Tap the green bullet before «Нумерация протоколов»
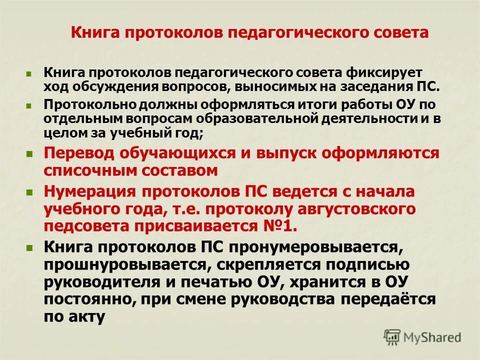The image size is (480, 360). click(x=30, y=192)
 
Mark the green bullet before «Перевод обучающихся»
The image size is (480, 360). click(x=30, y=153)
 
